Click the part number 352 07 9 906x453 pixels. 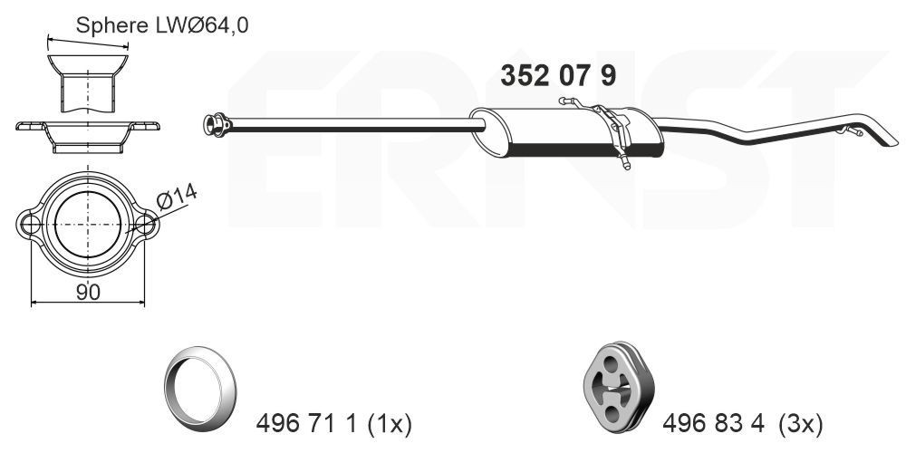[x=558, y=75]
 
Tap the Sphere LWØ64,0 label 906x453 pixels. [x=161, y=25]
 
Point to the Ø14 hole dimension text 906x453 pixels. [x=177, y=198]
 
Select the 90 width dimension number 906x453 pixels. [x=88, y=291]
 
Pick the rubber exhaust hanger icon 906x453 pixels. [x=614, y=383]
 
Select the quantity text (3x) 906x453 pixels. [x=802, y=423]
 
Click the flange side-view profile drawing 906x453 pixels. [x=88, y=133]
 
